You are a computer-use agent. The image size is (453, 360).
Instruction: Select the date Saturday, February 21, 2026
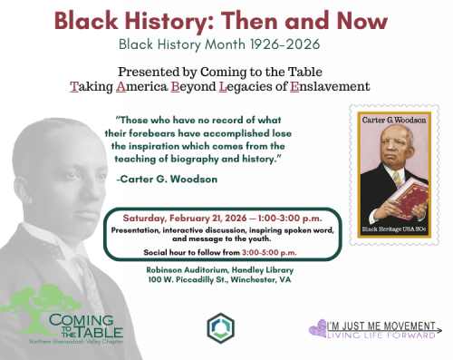(179, 219)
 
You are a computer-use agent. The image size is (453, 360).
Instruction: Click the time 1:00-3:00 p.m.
(272, 219)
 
